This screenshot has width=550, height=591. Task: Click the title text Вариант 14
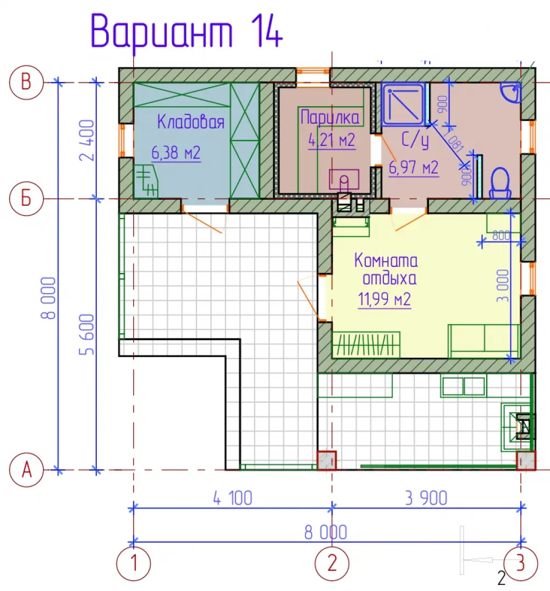pyautogui.click(x=186, y=32)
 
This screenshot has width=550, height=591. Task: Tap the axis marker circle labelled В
pyautogui.click(x=26, y=82)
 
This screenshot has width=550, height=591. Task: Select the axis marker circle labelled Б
pyautogui.click(x=26, y=199)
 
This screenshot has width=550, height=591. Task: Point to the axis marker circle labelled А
pyautogui.click(x=26, y=470)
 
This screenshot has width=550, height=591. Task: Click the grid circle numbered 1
pyautogui.click(x=133, y=563)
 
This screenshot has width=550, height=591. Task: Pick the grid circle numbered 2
pyautogui.click(x=332, y=563)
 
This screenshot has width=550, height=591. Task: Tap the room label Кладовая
pyautogui.click(x=191, y=122)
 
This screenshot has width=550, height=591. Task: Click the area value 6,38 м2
pyautogui.click(x=176, y=152)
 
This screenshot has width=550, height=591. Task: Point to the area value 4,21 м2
pyautogui.click(x=332, y=140)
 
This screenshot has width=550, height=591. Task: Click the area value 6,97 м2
pyautogui.click(x=414, y=167)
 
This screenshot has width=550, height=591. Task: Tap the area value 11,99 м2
pyautogui.click(x=384, y=299)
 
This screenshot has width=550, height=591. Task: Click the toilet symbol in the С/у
pyautogui.click(x=500, y=183)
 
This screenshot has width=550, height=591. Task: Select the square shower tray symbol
pyautogui.click(x=403, y=104)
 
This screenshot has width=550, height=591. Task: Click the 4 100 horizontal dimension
pyautogui.click(x=233, y=499)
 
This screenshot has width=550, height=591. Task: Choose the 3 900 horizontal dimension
pyautogui.click(x=426, y=499)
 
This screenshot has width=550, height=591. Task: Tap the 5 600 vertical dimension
pyautogui.click(x=87, y=335)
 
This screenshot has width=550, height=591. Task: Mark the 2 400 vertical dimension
pyautogui.click(x=87, y=140)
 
